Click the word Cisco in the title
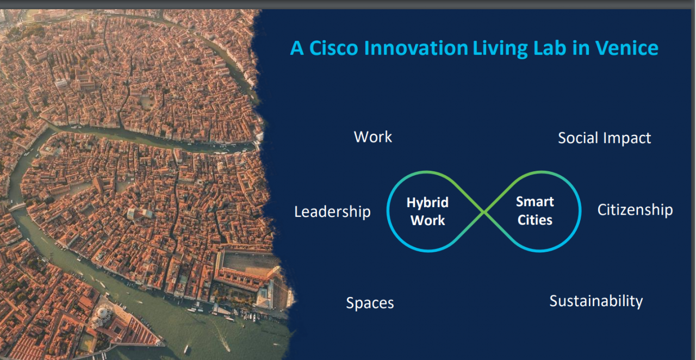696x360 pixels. [334, 48]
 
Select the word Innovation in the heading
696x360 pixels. [416, 48]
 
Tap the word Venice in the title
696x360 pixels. [627, 48]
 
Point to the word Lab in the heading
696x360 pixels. [550, 48]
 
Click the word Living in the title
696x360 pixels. [500, 49]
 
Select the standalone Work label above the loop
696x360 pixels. [373, 137]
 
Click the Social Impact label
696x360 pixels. [604, 138]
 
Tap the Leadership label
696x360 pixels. [332, 212]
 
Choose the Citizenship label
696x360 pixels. [635, 210]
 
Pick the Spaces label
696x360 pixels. [370, 303]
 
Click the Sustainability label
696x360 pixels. [596, 301]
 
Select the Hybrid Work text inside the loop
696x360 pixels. [427, 212]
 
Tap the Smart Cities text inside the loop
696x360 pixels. [535, 211]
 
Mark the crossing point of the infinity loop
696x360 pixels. [484, 212]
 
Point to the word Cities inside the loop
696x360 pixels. [535, 220]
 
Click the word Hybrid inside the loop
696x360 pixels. [427, 203]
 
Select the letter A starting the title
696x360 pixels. [297, 48]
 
